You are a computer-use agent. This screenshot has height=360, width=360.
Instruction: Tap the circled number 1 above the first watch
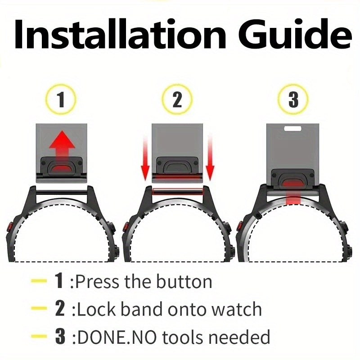tap(61, 99)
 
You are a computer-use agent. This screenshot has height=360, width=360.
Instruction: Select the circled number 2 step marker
tap(177, 99)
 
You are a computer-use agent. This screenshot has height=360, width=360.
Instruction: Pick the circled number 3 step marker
tap(293, 99)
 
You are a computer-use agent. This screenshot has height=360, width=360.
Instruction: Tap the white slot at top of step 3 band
tap(292, 128)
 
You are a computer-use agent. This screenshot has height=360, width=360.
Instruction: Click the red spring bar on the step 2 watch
tap(177, 191)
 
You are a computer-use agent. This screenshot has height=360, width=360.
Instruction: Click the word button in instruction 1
tap(184, 282)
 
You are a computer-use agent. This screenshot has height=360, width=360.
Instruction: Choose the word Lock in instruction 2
tap(96, 310)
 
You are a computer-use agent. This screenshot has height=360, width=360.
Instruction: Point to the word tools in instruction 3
tap(183, 337)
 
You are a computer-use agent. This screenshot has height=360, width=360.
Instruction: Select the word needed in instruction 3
tap(239, 337)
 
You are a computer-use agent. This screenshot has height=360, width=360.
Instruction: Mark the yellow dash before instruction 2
tap(39, 308)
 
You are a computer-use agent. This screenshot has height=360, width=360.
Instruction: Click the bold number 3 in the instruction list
tap(60, 337)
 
